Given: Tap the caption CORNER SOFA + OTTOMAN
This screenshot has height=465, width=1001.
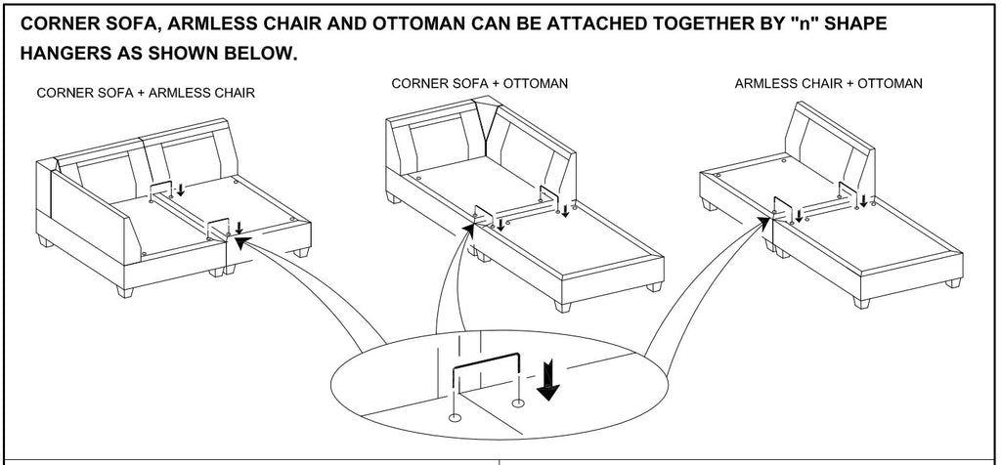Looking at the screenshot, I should [479, 84].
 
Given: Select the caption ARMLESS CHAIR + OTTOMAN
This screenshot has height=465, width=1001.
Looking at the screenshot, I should [828, 84].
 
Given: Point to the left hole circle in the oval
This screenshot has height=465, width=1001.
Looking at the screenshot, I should [456, 417].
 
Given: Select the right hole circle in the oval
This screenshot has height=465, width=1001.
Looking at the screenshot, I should [517, 402].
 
